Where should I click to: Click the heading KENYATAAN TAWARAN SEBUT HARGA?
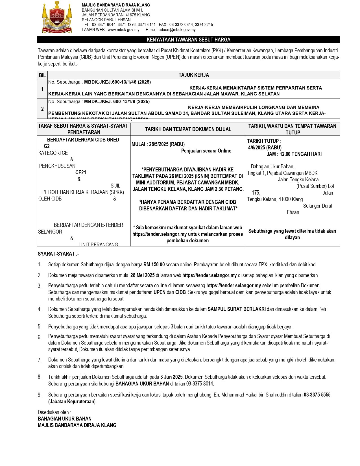188,40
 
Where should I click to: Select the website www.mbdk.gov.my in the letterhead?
123,30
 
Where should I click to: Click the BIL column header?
42,75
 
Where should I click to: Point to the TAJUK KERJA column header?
194,75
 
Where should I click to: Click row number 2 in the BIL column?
42,109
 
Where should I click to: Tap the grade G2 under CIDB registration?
47,146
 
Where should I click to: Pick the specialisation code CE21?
81,173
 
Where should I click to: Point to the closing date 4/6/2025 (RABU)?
265,147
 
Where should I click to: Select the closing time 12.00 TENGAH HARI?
301,154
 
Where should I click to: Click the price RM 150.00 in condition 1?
154,265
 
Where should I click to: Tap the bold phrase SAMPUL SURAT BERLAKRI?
237,309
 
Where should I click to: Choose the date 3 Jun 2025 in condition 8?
172,377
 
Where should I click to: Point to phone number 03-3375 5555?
317,395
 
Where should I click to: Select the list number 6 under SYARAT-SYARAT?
40,337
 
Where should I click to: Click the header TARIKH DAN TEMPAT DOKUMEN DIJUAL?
188,129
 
